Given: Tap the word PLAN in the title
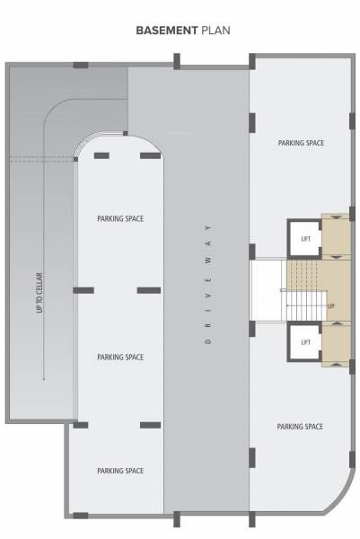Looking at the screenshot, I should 215,30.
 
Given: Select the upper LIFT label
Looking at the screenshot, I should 305,238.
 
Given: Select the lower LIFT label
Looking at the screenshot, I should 305,342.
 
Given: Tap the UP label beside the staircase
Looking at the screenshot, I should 330,306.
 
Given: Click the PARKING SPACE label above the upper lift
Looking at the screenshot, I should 301,143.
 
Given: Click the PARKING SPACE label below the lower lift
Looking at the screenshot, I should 300,427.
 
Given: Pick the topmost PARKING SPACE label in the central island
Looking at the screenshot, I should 120,218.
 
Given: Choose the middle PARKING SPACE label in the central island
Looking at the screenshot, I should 120,357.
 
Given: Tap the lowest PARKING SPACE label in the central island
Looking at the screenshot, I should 120,471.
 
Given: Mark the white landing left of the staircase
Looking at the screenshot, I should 268,290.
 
